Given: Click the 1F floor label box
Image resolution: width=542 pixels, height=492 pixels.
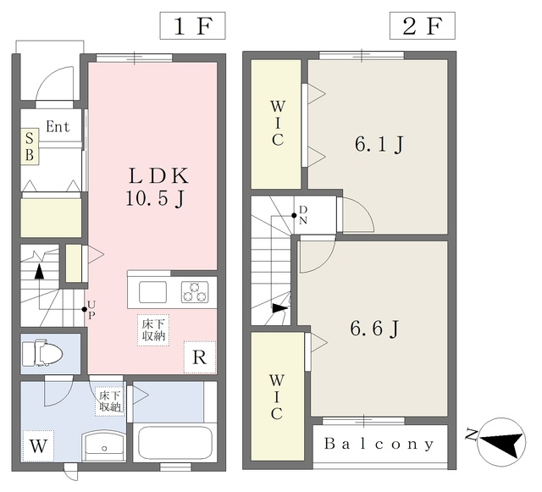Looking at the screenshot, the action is click(x=192, y=25).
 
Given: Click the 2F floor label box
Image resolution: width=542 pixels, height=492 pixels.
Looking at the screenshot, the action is click(x=423, y=25).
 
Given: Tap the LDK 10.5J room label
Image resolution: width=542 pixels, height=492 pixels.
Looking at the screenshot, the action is click(x=158, y=187).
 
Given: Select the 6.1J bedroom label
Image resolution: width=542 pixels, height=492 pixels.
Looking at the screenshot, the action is click(x=379, y=144).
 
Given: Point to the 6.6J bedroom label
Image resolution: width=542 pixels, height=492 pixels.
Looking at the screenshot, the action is click(x=374, y=329).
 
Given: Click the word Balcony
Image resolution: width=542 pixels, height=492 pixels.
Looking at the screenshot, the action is click(x=379, y=444).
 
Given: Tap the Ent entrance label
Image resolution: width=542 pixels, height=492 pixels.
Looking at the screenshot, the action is click(x=58, y=126).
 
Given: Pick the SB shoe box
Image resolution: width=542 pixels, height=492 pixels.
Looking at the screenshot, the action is click(x=30, y=147).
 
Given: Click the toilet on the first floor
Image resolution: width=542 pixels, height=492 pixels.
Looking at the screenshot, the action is click(x=42, y=353).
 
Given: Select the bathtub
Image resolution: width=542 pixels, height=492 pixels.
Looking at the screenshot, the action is click(x=175, y=443).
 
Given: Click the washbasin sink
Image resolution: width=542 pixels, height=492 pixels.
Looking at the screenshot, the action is click(x=104, y=445).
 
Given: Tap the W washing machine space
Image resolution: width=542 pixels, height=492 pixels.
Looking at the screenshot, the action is click(x=38, y=446).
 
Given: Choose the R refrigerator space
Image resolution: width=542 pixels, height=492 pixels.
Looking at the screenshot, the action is click(x=200, y=357).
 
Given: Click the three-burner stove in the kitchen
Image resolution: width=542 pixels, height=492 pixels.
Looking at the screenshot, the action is click(x=195, y=292).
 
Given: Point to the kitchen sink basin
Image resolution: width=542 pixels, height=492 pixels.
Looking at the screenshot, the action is click(x=153, y=292).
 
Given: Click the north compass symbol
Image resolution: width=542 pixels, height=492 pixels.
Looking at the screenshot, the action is click(x=501, y=442).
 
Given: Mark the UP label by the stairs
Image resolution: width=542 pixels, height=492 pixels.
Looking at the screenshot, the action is click(x=91, y=309).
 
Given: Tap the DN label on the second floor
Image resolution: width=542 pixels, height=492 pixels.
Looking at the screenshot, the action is click(x=303, y=215).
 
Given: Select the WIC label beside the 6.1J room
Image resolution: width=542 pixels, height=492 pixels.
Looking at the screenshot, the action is click(x=278, y=124).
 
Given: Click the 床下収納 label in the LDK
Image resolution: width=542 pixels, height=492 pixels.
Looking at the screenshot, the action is click(x=153, y=330).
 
